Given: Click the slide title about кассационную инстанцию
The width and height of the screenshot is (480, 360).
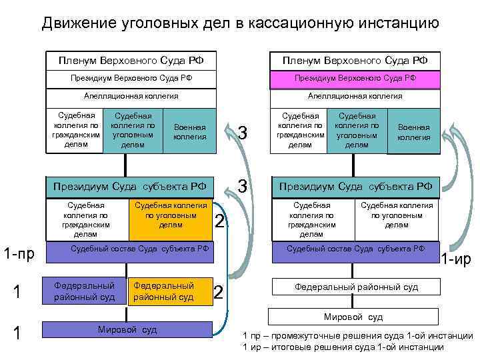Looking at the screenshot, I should click(x=240, y=24).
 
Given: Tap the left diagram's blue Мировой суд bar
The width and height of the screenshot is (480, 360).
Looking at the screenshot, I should click(x=127, y=329).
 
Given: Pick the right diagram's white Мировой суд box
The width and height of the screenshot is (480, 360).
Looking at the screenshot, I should click(x=353, y=317).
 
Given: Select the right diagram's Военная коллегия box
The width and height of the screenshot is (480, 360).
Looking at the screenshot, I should click(x=414, y=133).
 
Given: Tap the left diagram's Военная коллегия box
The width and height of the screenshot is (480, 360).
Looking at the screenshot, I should click(x=189, y=132).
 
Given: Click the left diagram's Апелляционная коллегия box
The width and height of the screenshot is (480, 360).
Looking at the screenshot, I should click(x=131, y=96).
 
